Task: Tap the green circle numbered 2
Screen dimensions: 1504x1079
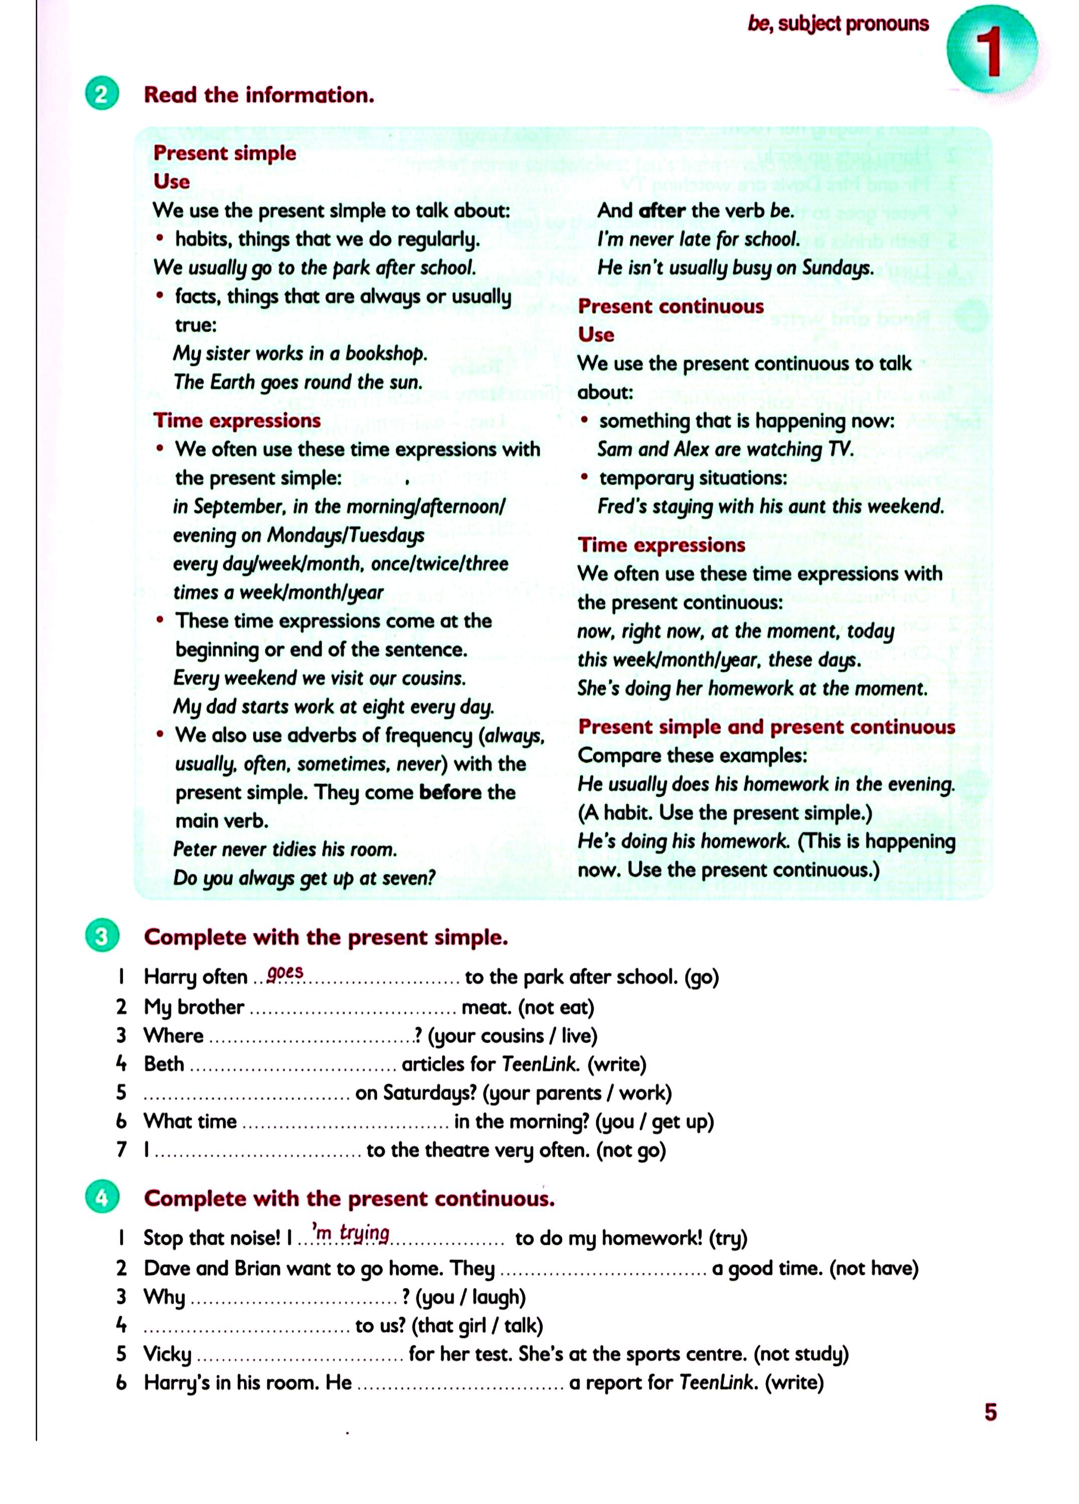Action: [101, 95]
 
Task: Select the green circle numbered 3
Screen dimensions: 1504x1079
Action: [101, 936]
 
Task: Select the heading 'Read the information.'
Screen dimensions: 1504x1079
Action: [259, 95]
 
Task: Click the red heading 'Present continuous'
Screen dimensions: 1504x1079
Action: [670, 306]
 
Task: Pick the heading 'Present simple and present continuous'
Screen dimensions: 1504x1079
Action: [766, 726]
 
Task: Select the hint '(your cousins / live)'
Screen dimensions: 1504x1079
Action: [512, 1036]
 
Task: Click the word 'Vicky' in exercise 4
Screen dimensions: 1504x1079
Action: [167, 1354]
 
